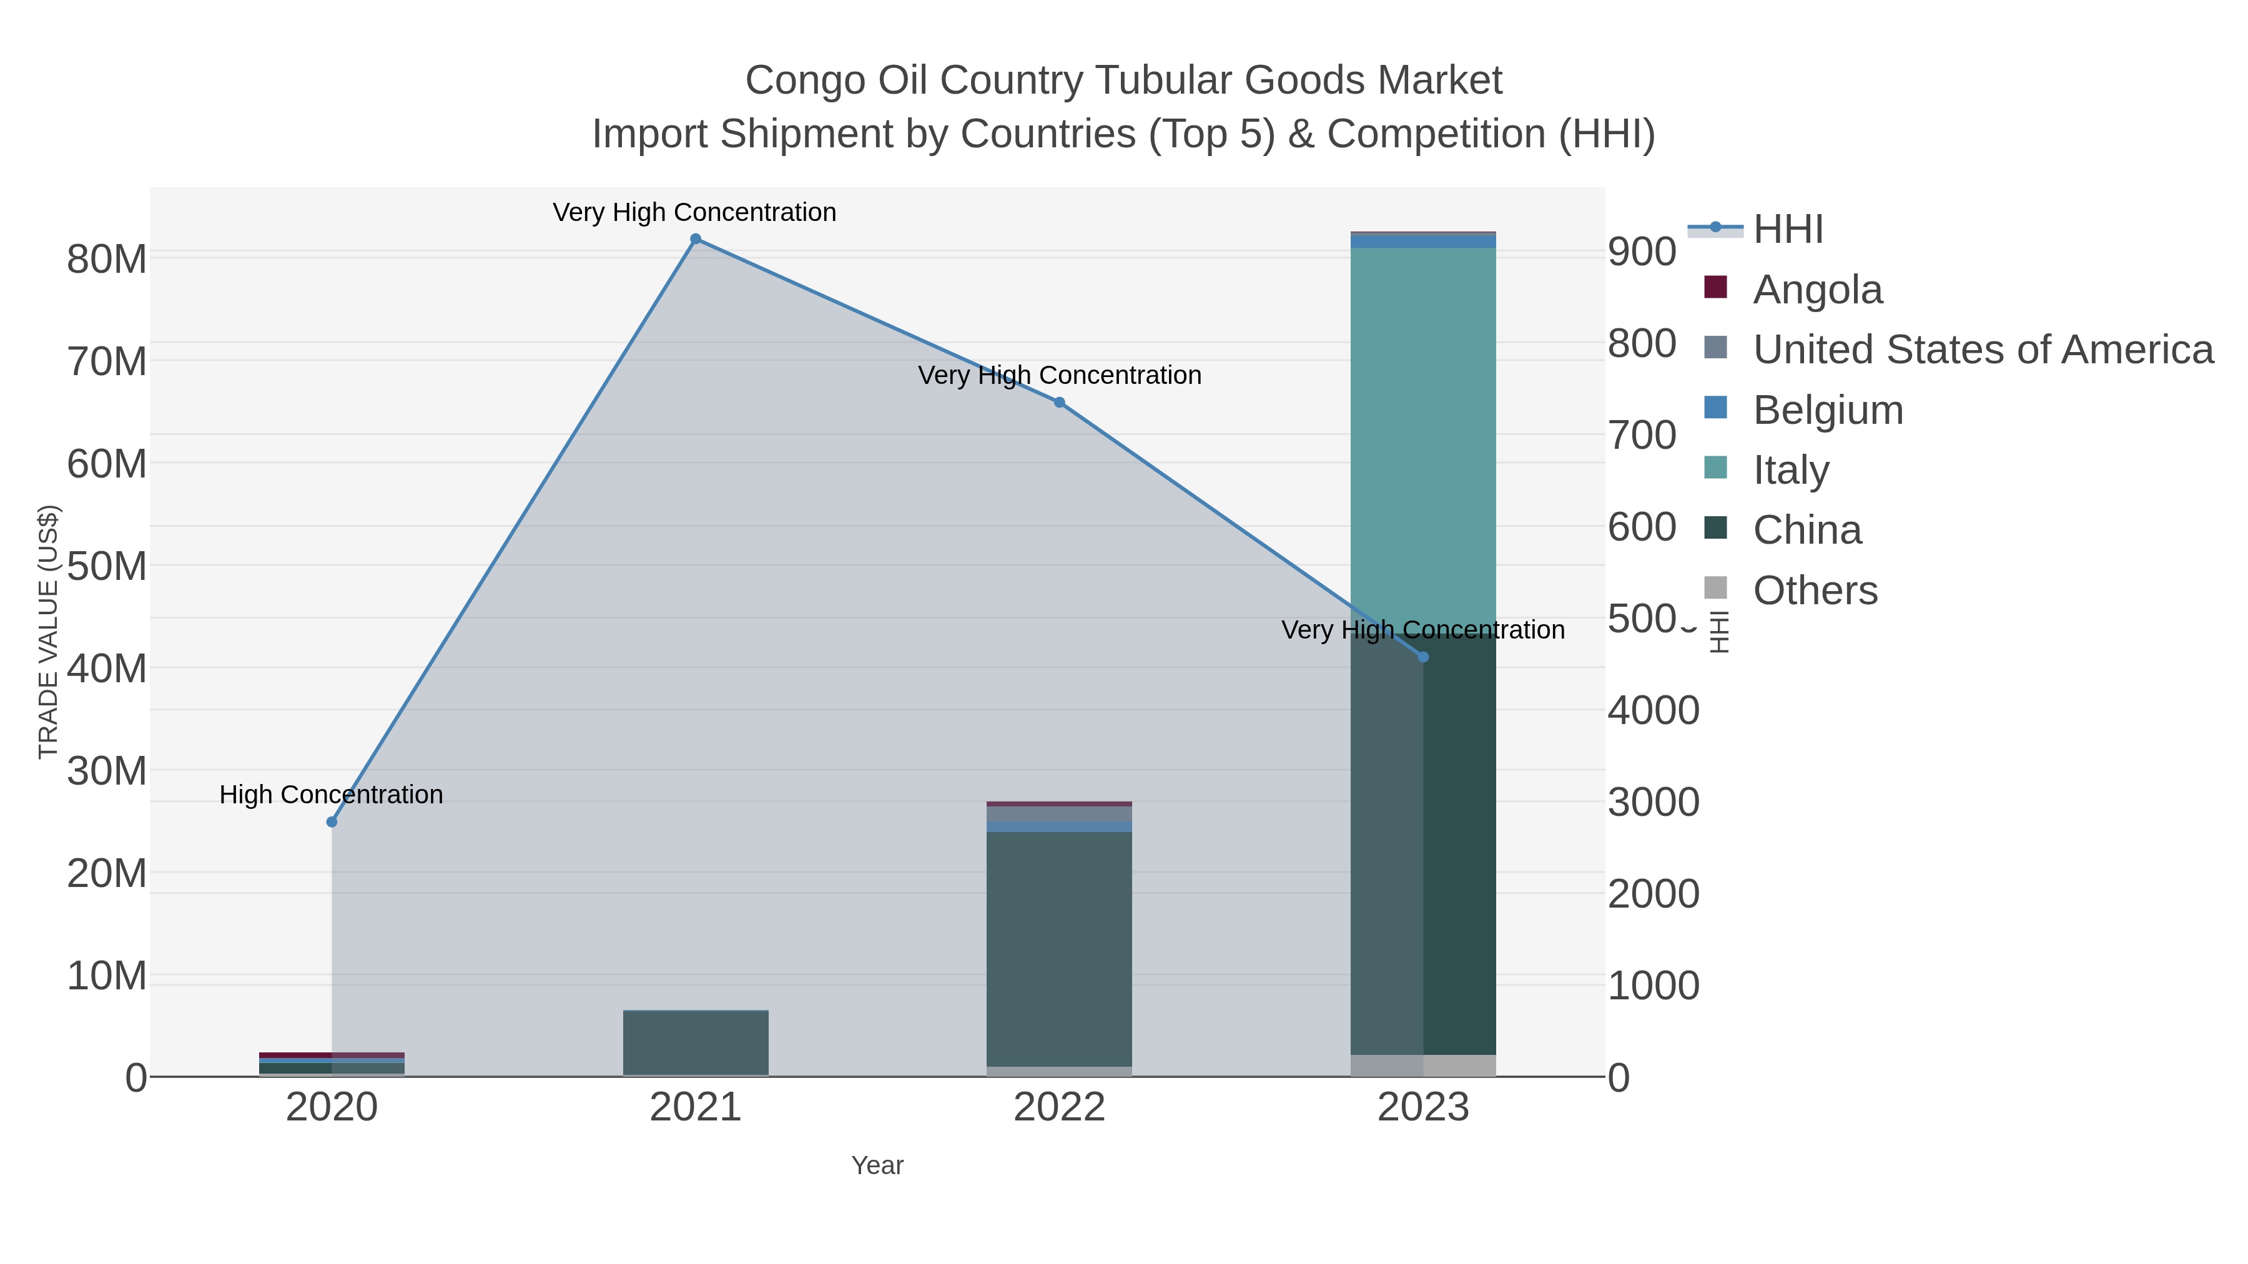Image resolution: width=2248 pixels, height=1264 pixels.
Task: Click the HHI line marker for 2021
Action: pos(696,239)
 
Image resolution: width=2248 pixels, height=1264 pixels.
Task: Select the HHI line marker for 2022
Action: pos(1060,402)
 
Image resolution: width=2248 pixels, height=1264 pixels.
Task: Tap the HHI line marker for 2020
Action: pos(332,821)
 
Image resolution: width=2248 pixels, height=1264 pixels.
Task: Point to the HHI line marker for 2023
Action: pos(1423,657)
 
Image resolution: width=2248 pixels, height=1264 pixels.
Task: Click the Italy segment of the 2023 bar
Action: pos(1423,436)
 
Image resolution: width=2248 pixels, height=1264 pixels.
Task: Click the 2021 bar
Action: pos(696,1042)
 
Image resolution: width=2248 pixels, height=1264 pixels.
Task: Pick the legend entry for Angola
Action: pos(1817,290)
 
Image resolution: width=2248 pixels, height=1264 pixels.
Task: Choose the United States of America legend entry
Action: pos(1981,350)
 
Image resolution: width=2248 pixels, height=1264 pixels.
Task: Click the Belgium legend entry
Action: pos(1827,410)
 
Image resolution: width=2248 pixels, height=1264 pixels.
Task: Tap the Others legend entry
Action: pos(1814,590)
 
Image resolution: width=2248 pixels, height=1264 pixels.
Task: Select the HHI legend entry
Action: pos(1787,230)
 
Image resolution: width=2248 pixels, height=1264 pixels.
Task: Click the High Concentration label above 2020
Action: pos(332,795)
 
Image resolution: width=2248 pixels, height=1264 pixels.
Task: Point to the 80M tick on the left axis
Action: pos(106,259)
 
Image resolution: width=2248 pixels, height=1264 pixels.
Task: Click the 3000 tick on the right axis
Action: pos(1653,803)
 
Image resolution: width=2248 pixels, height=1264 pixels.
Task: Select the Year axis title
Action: pos(877,1165)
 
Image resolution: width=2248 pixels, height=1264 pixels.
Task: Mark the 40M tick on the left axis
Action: pos(106,669)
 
